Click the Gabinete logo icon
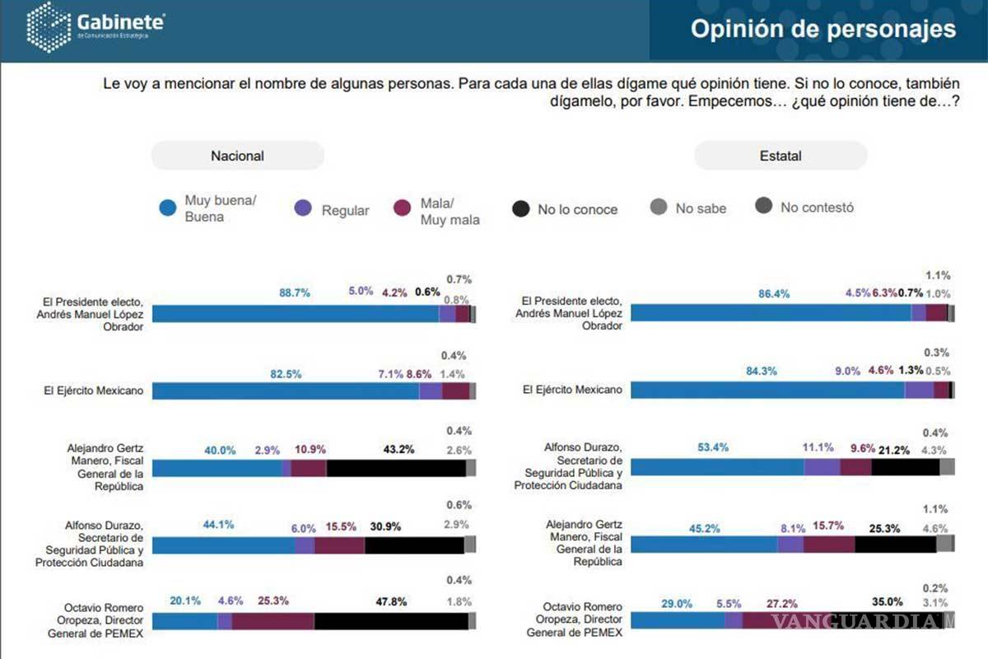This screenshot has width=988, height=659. pos(49,28)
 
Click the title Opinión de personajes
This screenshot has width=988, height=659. pos(823,29)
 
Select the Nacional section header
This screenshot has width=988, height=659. pos(237,156)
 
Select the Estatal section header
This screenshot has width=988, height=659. pos(781,156)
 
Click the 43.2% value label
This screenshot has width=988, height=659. pos(398,450)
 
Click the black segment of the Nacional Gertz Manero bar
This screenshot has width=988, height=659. pos(396,469)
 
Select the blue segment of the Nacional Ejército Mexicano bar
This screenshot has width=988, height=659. pos(286,391)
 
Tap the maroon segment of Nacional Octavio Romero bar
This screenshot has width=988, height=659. pos(273,621)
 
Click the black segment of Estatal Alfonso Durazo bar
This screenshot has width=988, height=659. pos(905,467)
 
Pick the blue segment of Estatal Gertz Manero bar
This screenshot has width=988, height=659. pos(703,544)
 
